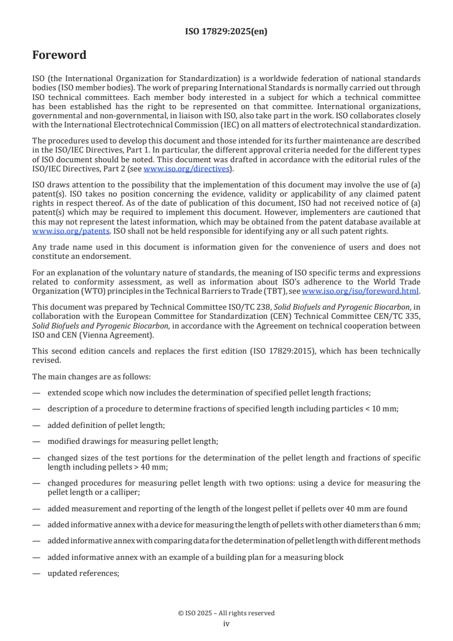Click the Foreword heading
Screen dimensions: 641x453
click(x=59, y=55)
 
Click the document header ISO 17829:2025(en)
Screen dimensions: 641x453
click(x=226, y=32)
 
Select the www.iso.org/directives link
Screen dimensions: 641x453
click(x=186, y=169)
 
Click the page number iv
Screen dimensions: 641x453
click(x=226, y=623)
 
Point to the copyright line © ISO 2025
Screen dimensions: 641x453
click(x=226, y=613)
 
